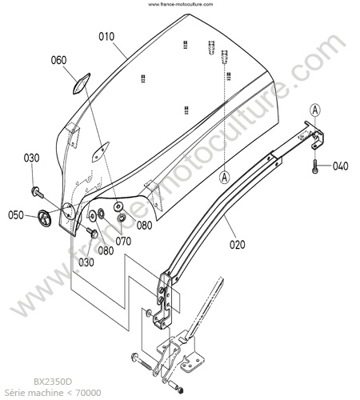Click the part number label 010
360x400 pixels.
coord(106,37)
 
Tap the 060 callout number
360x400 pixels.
coord(58,60)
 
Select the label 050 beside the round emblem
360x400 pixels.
coord(16,215)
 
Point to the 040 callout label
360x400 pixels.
coord(341,166)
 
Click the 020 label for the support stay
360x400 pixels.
coord(238,245)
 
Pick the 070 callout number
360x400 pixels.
coord(123,241)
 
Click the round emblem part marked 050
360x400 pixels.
coord(44,218)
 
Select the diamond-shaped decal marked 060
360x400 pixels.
coord(82,83)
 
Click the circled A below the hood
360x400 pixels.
coord(225,177)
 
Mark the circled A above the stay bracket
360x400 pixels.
coord(315,110)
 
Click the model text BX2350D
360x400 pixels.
coord(53,382)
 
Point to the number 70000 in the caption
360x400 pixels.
coord(88,393)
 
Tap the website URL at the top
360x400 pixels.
coord(181,4)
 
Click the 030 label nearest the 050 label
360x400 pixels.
coord(31,158)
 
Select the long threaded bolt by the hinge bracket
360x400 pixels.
coord(142,361)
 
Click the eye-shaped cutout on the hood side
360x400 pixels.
coord(100,152)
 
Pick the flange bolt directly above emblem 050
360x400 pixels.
coord(38,193)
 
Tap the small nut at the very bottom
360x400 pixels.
coord(181,390)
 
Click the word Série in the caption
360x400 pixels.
coord(15,393)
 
